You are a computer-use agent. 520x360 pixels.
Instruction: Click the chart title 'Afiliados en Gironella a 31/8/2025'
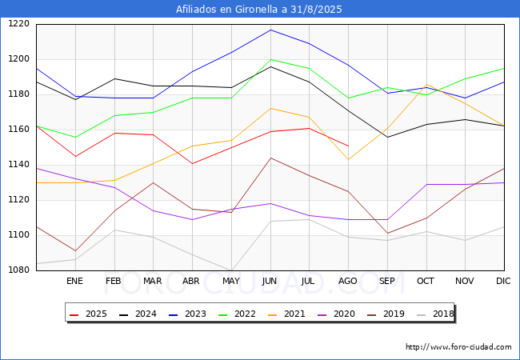click(259, 10)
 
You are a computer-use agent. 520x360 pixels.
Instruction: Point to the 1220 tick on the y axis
click(19, 24)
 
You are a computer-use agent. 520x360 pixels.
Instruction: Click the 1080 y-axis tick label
click(19, 270)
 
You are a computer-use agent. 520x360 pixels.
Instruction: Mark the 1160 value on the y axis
click(19, 130)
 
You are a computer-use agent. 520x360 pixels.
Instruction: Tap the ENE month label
click(74, 281)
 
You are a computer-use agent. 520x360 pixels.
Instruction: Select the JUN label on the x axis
click(270, 281)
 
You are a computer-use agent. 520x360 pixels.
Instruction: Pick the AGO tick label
click(348, 281)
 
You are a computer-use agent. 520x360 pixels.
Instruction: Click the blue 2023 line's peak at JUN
click(270, 30)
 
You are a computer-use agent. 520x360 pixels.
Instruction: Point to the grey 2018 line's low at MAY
click(231, 270)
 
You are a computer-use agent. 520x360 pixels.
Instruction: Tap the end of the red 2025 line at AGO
click(348, 146)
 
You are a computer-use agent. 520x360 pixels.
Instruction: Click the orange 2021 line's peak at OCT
click(426, 85)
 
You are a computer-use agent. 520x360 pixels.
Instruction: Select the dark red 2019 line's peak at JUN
click(270, 158)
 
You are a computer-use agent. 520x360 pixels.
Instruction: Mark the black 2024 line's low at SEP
click(387, 137)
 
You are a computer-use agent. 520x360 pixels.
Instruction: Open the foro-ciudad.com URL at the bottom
click(458, 347)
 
